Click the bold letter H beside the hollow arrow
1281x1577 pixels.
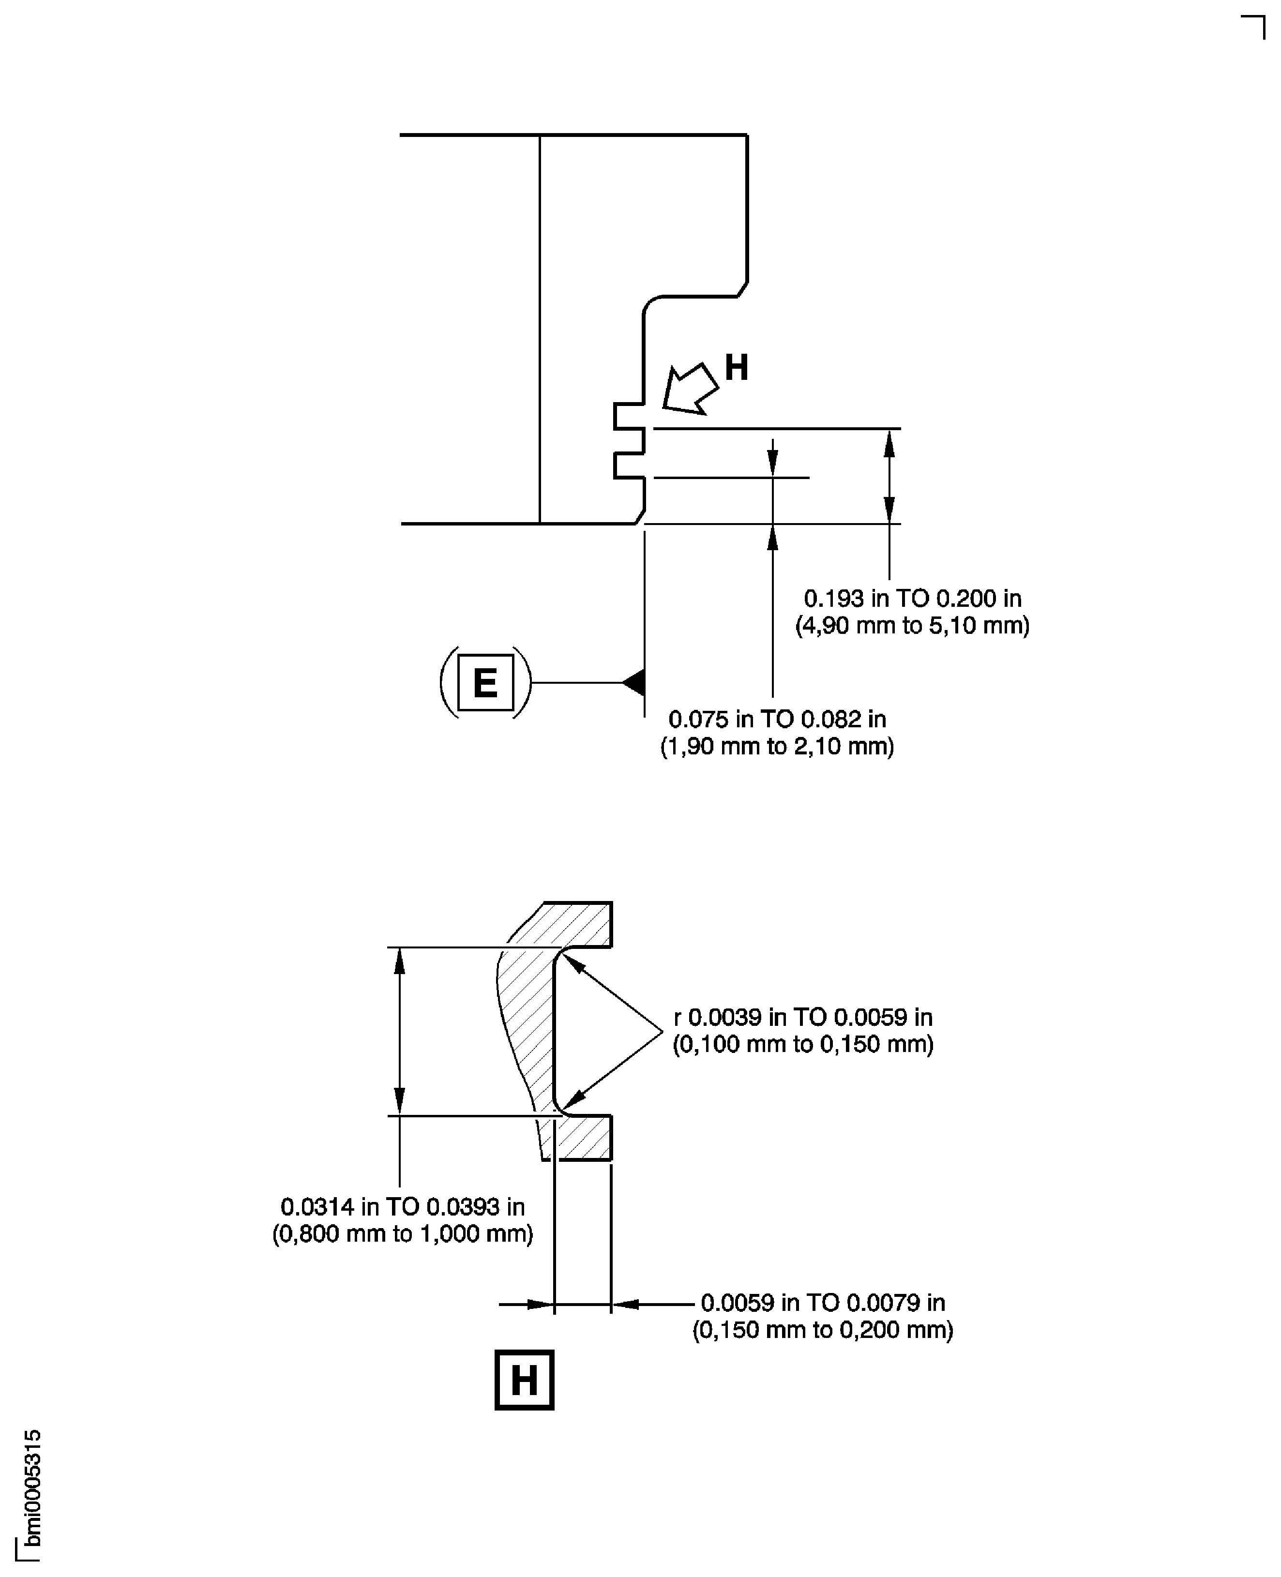tap(737, 367)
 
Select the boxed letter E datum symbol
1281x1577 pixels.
tap(485, 683)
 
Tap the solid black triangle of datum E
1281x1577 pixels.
tap(634, 683)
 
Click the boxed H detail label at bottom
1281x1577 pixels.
tap(524, 1380)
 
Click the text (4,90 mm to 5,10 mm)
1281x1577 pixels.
tap(912, 626)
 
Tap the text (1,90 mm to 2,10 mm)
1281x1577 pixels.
tap(777, 747)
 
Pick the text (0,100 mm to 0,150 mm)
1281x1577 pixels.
tap(803, 1044)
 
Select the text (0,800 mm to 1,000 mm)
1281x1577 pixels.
tap(403, 1234)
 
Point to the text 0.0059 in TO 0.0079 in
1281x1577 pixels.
tap(823, 1303)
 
